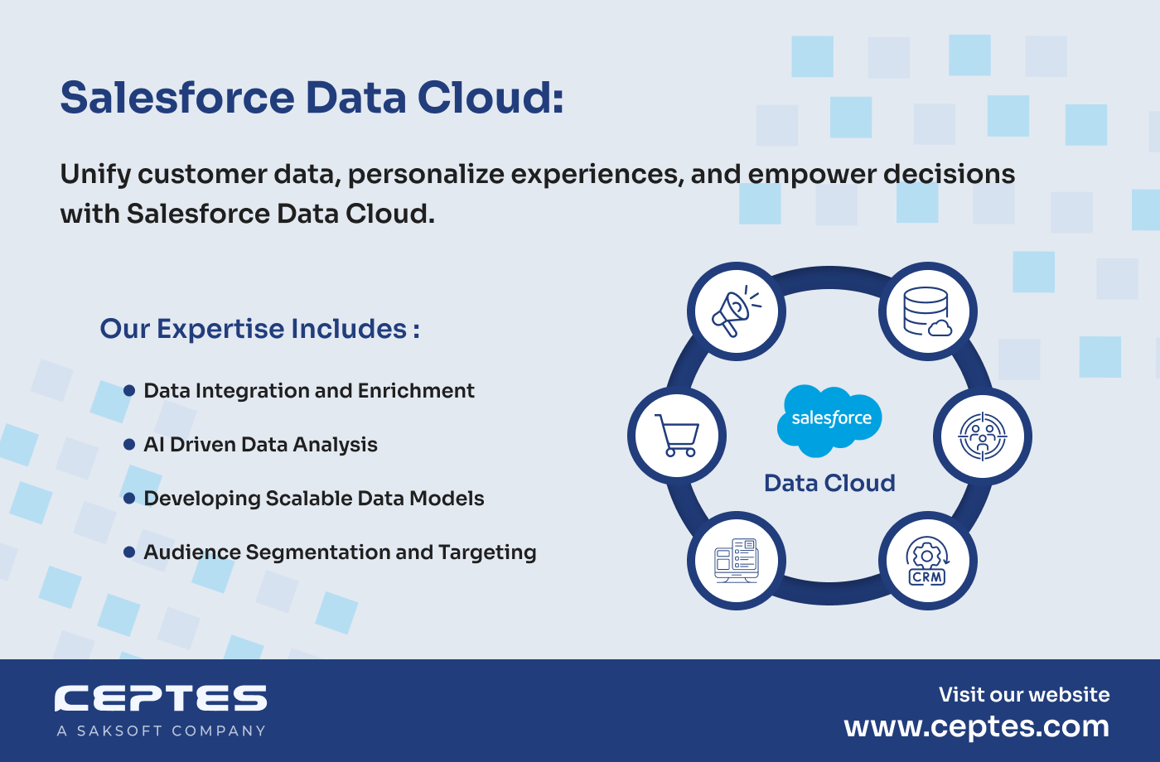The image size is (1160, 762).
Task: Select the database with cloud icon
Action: pos(927,311)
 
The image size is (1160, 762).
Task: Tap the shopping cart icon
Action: pos(677,436)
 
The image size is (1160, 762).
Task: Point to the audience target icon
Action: pos(983,436)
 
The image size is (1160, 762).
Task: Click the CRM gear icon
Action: pos(927,562)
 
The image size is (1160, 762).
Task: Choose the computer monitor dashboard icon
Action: pos(737,561)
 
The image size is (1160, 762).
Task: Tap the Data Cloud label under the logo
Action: pos(829,483)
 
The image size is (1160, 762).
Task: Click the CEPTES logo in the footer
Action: pos(161,698)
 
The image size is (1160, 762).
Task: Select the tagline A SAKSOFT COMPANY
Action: pos(161,731)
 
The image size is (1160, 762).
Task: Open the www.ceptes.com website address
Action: pos(977,727)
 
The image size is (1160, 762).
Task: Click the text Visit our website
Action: pos(1024,695)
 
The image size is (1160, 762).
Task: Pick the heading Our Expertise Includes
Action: pos(259,329)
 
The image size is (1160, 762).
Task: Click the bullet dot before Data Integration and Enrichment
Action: pos(129,390)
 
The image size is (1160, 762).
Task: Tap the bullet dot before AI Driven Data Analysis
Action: pos(129,444)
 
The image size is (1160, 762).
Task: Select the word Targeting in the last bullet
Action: pos(487,553)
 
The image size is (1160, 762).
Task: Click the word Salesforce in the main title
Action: pos(177,98)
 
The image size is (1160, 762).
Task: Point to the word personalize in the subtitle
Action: pos(426,175)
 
